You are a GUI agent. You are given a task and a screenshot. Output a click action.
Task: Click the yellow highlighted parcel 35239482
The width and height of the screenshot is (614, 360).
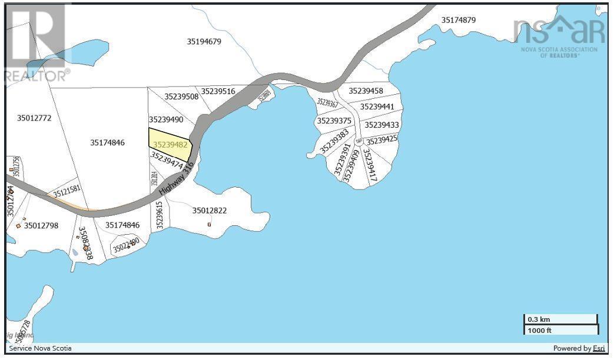(170, 144)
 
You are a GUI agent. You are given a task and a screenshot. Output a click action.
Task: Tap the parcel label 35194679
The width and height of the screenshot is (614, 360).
(204, 42)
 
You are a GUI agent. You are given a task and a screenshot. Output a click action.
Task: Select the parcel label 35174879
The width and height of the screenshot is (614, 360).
(459, 20)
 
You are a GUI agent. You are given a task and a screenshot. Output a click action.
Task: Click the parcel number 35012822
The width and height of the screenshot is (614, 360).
(209, 210)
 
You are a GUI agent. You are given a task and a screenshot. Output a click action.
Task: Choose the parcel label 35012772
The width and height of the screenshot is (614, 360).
(34, 118)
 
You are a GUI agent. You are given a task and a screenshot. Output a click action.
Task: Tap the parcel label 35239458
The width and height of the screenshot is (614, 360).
(366, 91)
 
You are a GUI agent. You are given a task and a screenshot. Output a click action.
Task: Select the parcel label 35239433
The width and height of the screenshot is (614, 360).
(381, 125)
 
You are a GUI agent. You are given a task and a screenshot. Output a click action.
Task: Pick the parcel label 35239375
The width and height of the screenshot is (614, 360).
(334, 121)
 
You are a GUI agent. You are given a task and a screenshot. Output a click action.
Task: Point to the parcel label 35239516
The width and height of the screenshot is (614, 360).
(218, 91)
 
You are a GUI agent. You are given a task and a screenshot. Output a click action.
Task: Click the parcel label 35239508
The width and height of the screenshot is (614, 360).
(181, 96)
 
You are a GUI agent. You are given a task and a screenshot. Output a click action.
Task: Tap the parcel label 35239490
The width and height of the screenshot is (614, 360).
(166, 119)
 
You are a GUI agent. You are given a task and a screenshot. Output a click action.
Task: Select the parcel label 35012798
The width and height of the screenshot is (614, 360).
(41, 225)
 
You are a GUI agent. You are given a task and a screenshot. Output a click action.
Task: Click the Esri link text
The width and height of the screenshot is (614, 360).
(599, 348)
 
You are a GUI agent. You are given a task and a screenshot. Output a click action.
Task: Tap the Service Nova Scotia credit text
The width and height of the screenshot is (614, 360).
(40, 348)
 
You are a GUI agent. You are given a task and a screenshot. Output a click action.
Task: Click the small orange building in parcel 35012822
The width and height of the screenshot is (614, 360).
(209, 224)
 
